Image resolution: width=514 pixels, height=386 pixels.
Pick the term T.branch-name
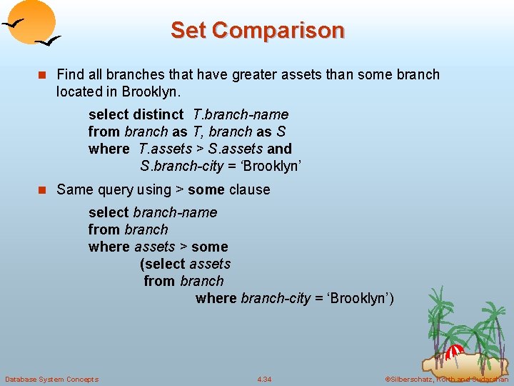tap(241, 114)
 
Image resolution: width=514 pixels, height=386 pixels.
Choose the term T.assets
tap(166, 149)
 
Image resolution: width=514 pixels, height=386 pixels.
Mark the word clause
tap(249, 189)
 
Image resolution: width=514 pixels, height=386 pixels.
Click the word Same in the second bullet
tap(74, 189)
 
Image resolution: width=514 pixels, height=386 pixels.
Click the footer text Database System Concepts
tap(51, 379)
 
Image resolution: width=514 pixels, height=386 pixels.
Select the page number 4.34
tap(264, 379)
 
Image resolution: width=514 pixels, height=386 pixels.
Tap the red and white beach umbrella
tap(455, 351)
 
